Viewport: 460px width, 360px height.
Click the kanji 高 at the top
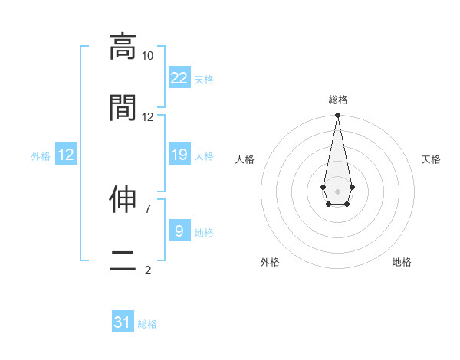[123, 47]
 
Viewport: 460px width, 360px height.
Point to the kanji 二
[123, 260]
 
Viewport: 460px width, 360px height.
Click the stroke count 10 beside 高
[147, 56]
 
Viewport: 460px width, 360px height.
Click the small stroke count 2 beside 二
[147, 270]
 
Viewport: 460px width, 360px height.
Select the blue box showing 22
[179, 77]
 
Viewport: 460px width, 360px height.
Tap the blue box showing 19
[179, 154]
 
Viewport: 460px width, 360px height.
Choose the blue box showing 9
[179, 231]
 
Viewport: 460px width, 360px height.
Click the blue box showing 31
[123, 322]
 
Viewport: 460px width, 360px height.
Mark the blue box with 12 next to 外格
[66, 155]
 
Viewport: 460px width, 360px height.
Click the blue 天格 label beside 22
[204, 80]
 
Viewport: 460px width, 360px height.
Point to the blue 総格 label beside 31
[147, 325]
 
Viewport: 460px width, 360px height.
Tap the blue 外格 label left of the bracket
[41, 156]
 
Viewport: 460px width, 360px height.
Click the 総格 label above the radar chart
[337, 100]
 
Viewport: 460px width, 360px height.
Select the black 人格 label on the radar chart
[245, 159]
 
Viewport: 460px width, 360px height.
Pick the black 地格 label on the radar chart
[402, 263]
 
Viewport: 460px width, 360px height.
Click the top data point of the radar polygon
[337, 116]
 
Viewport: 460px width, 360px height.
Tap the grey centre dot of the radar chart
[337, 190]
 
